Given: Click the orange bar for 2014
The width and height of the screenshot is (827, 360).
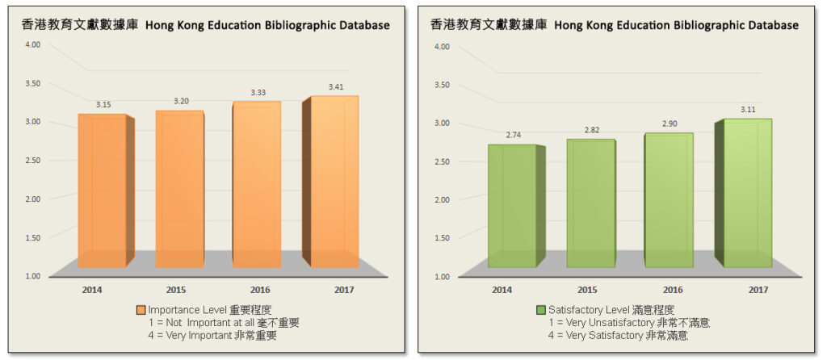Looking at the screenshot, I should tap(102, 190).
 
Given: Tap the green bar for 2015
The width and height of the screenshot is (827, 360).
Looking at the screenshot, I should tap(590, 203).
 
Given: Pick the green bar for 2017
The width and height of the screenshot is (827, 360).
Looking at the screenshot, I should tap(747, 193).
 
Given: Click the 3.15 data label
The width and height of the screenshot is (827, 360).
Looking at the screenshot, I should tap(103, 105).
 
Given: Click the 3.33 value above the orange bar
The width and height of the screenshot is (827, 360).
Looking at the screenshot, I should tap(257, 93).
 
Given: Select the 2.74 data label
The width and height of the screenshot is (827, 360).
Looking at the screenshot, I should tap(512, 136).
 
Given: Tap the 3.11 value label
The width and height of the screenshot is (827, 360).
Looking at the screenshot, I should tap(748, 110).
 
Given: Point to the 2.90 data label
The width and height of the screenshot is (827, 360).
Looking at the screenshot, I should tap(669, 123).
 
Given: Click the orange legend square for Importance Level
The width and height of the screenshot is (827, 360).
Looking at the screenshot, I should tap(141, 310).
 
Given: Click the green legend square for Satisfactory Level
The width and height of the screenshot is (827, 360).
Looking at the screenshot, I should tap(541, 310).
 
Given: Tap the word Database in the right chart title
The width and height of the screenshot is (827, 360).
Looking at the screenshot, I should tap(770, 25).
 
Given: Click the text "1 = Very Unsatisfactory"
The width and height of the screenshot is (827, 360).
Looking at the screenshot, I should tap(599, 323).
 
